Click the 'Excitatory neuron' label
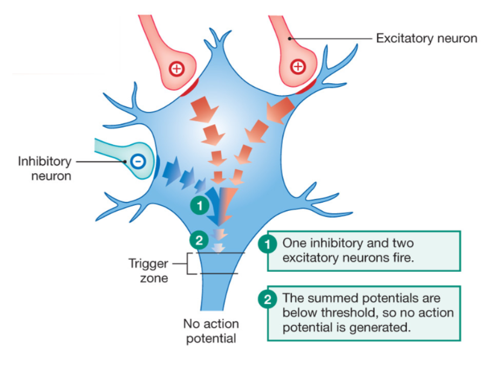click(x=426, y=38)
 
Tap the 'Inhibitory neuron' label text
click(x=44, y=168)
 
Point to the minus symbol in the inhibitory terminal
click(x=138, y=160)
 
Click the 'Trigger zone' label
click(x=148, y=271)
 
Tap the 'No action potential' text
click(x=211, y=331)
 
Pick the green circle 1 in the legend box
click(x=268, y=244)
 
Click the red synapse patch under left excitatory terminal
click(x=190, y=87)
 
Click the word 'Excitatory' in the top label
click(x=402, y=38)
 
